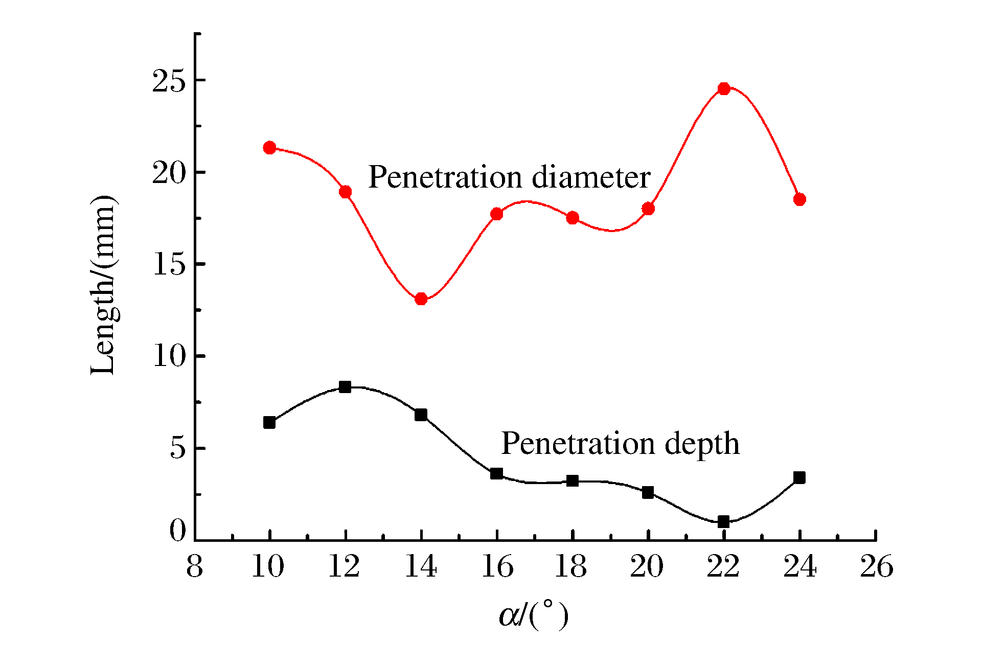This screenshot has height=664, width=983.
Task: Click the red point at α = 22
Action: [x=723, y=89]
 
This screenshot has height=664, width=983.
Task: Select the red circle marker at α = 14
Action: [x=421, y=299]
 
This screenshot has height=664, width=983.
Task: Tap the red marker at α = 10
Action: [x=269, y=148]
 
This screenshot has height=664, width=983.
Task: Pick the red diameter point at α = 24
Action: [x=799, y=199]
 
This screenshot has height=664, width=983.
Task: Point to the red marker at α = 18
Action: [x=573, y=218]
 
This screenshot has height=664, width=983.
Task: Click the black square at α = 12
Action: [x=345, y=387]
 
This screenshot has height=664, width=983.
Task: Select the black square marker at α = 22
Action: [x=723, y=522]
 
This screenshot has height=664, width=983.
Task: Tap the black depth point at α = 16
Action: [x=496, y=473]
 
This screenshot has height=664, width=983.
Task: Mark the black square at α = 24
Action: [x=799, y=478]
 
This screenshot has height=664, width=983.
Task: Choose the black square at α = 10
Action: [x=269, y=423]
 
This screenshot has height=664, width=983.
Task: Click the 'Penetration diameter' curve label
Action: [x=509, y=177]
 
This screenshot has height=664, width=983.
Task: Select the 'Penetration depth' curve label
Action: [x=620, y=443]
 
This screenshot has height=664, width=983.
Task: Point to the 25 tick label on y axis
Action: [x=168, y=81]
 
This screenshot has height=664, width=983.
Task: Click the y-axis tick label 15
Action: [x=168, y=264]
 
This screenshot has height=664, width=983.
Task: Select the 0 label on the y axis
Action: [x=177, y=531]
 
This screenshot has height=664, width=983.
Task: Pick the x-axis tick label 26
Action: [x=876, y=567]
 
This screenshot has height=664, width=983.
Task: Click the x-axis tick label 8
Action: [x=194, y=567]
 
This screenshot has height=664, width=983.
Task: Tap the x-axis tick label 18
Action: [x=571, y=567]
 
